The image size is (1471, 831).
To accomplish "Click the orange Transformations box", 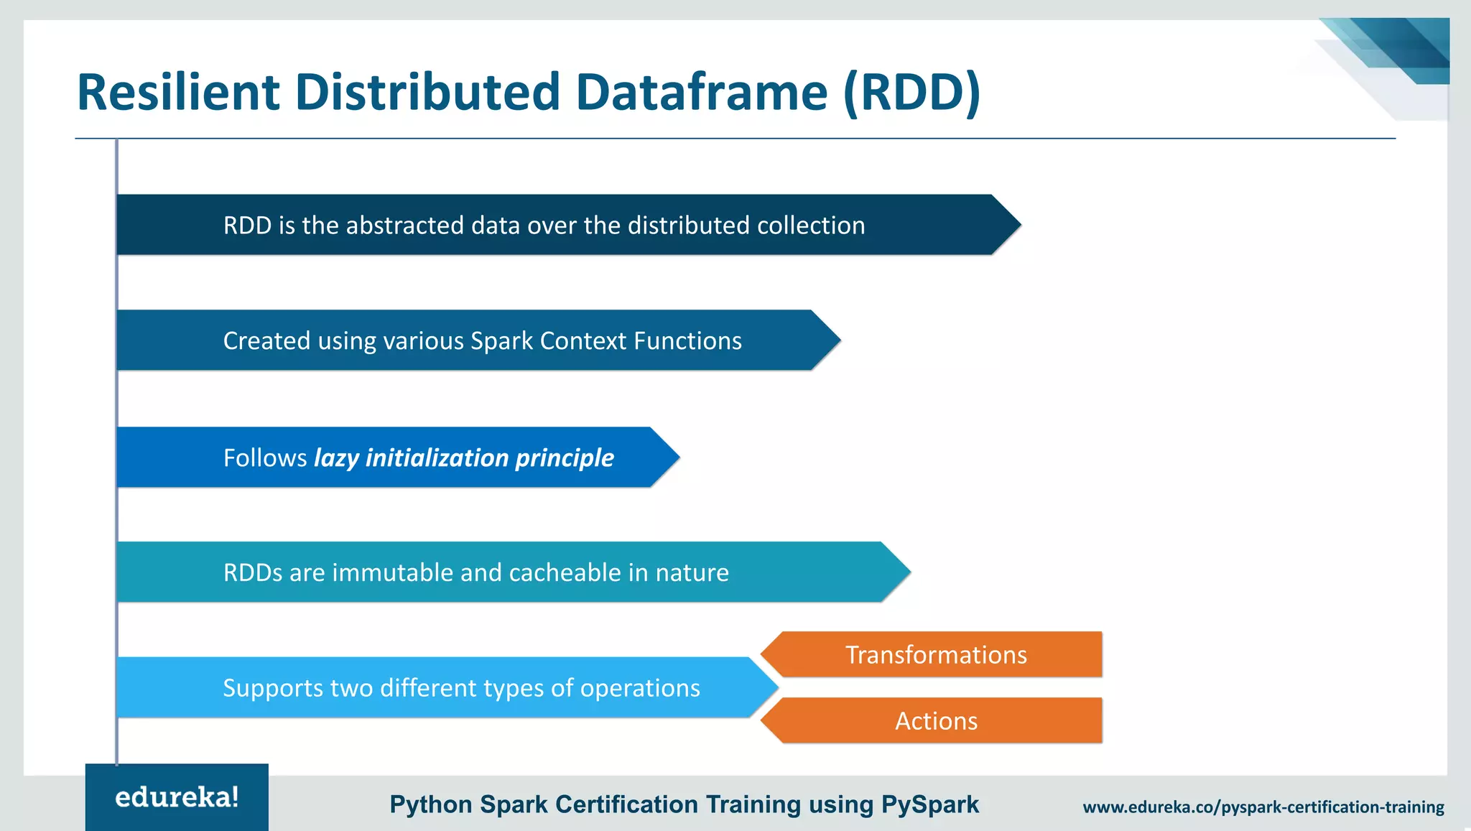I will coord(935,655).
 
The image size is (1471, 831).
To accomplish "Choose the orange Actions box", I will coord(935,721).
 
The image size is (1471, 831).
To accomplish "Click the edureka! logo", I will coord(177,797).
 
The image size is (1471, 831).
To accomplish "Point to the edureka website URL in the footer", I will coord(1263,807).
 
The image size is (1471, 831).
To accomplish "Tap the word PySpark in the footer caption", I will coord(929,805).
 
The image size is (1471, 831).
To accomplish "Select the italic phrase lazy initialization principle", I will coord(464,458).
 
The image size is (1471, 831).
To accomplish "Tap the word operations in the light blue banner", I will coord(640,688).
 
